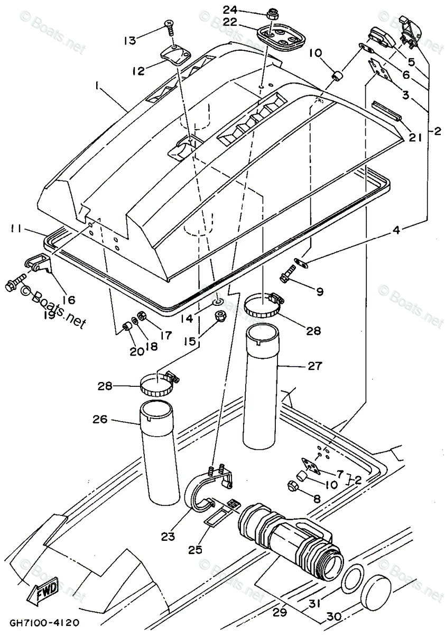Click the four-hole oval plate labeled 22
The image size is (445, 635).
point(281,38)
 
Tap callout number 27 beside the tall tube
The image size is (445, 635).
point(314,366)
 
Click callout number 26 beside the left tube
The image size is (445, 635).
point(100,419)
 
